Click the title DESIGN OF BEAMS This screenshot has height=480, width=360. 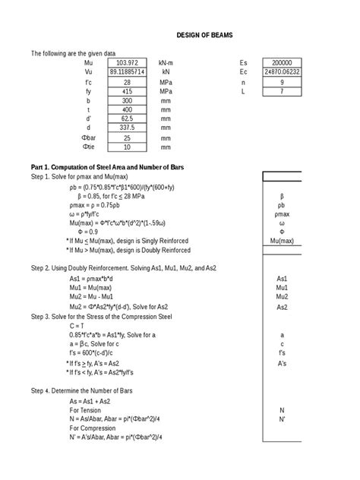(204, 35)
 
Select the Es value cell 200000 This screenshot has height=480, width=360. (282, 62)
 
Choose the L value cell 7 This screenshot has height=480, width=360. (282, 90)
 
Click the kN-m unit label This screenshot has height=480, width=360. (166, 62)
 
